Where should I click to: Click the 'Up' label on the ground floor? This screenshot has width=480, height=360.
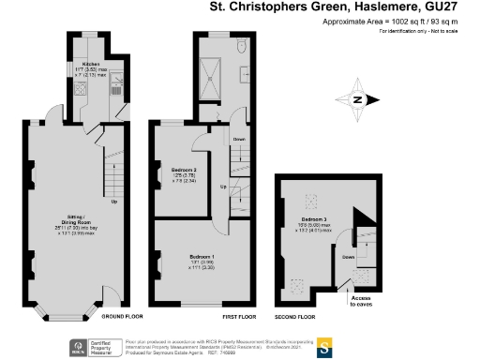point(114,202)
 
